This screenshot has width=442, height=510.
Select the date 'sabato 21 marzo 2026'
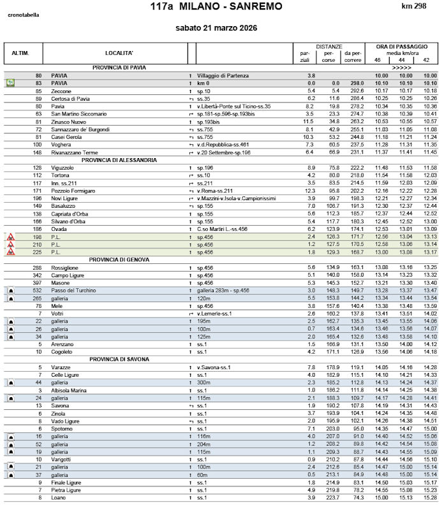(x=216, y=28)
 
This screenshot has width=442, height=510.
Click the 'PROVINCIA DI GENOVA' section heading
(x=119, y=259)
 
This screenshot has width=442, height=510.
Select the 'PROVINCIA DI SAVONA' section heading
(x=119, y=360)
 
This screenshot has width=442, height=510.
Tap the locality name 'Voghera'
(x=62, y=144)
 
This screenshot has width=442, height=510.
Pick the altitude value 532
(x=37, y=290)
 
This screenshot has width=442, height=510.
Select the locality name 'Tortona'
(x=61, y=175)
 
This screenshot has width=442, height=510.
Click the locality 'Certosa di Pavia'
(x=70, y=99)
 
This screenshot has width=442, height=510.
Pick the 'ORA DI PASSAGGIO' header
(x=401, y=47)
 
